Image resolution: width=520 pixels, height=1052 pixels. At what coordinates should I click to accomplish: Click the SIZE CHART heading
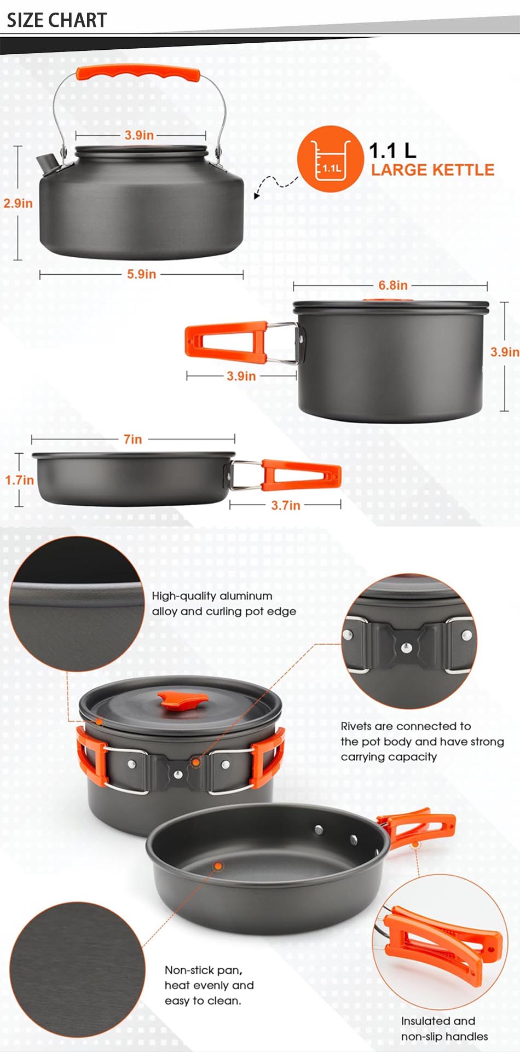[x=56, y=20]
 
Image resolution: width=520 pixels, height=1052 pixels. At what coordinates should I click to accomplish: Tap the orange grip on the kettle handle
[x=138, y=73]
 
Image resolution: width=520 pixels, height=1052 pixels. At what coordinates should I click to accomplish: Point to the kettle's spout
[x=46, y=162]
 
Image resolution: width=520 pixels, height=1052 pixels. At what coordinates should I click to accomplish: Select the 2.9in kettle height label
[x=18, y=204]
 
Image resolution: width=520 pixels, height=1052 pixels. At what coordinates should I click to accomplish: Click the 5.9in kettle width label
[x=142, y=274]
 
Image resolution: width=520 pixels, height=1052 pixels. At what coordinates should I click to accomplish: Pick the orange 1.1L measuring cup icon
[x=330, y=159]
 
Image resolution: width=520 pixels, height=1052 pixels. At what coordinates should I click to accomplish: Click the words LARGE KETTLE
[x=432, y=170]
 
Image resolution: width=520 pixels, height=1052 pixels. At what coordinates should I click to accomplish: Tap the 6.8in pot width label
[x=393, y=286]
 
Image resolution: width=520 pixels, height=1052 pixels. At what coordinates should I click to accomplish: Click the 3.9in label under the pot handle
[x=241, y=376]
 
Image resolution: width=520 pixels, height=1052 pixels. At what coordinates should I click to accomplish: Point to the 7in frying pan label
[x=133, y=439]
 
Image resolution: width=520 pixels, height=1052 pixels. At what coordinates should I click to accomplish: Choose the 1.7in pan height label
[x=20, y=480]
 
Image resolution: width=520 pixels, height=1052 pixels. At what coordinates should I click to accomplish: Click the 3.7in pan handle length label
[x=286, y=505]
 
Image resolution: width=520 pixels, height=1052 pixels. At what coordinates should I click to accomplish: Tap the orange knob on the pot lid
[x=182, y=700]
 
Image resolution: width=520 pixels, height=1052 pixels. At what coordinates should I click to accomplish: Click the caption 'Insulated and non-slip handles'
[x=444, y=1028]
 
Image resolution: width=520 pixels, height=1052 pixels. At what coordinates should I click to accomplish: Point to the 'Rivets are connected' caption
[x=422, y=742]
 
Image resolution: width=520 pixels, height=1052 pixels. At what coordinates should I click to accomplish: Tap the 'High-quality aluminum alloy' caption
[x=224, y=604]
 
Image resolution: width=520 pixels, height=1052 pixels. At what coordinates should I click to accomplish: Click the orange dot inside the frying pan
[x=218, y=866]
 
